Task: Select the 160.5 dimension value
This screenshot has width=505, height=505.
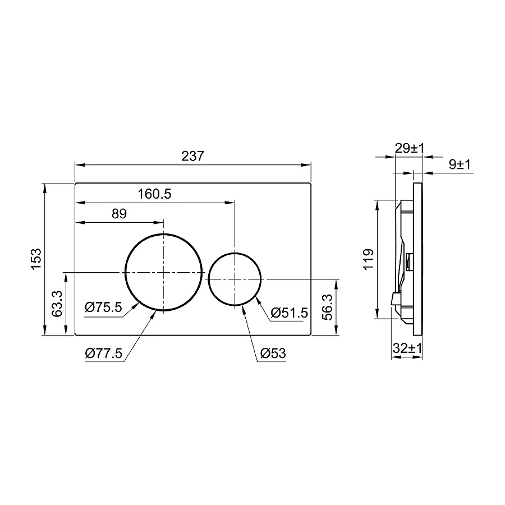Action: tap(154, 194)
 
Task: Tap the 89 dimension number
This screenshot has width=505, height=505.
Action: tap(120, 214)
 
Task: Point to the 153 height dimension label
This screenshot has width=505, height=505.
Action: tap(36, 259)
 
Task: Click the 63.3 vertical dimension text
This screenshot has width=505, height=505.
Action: tap(56, 304)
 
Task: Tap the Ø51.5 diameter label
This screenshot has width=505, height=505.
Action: tap(289, 313)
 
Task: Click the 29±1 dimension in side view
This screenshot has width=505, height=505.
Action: tap(410, 148)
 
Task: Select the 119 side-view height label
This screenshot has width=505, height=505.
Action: tap(369, 259)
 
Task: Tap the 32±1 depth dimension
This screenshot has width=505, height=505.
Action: tap(407, 348)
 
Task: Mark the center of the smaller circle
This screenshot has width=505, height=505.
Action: tap(235, 278)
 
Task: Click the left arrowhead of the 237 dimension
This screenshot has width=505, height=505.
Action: tap(79, 165)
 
